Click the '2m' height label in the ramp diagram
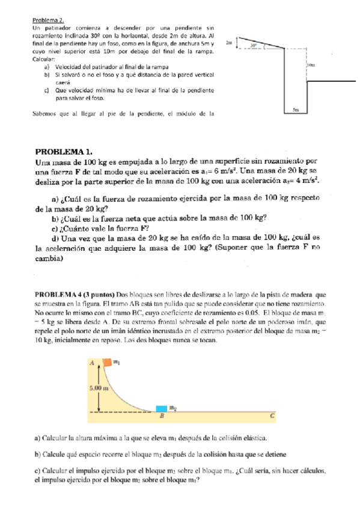[229, 43]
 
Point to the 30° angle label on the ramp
[254, 45]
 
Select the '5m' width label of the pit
[295, 110]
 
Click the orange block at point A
[106, 362]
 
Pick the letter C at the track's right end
[272, 415]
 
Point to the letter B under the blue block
[161, 416]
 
